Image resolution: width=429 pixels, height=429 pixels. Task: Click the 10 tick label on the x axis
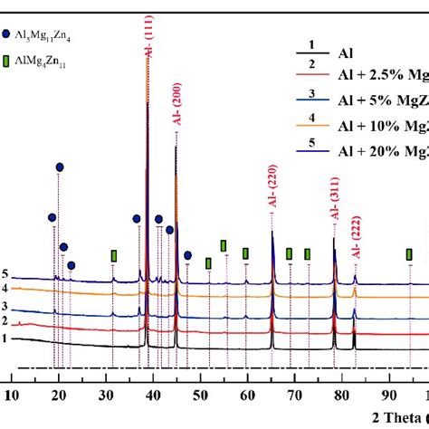point(12,395)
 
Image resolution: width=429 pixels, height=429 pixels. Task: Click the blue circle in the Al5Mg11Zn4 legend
point(8,33)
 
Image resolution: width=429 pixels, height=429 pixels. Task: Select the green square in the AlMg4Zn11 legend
point(8,62)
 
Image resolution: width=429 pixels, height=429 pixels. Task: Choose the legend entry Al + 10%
point(384,122)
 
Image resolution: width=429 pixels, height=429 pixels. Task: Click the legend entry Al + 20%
point(384,148)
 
